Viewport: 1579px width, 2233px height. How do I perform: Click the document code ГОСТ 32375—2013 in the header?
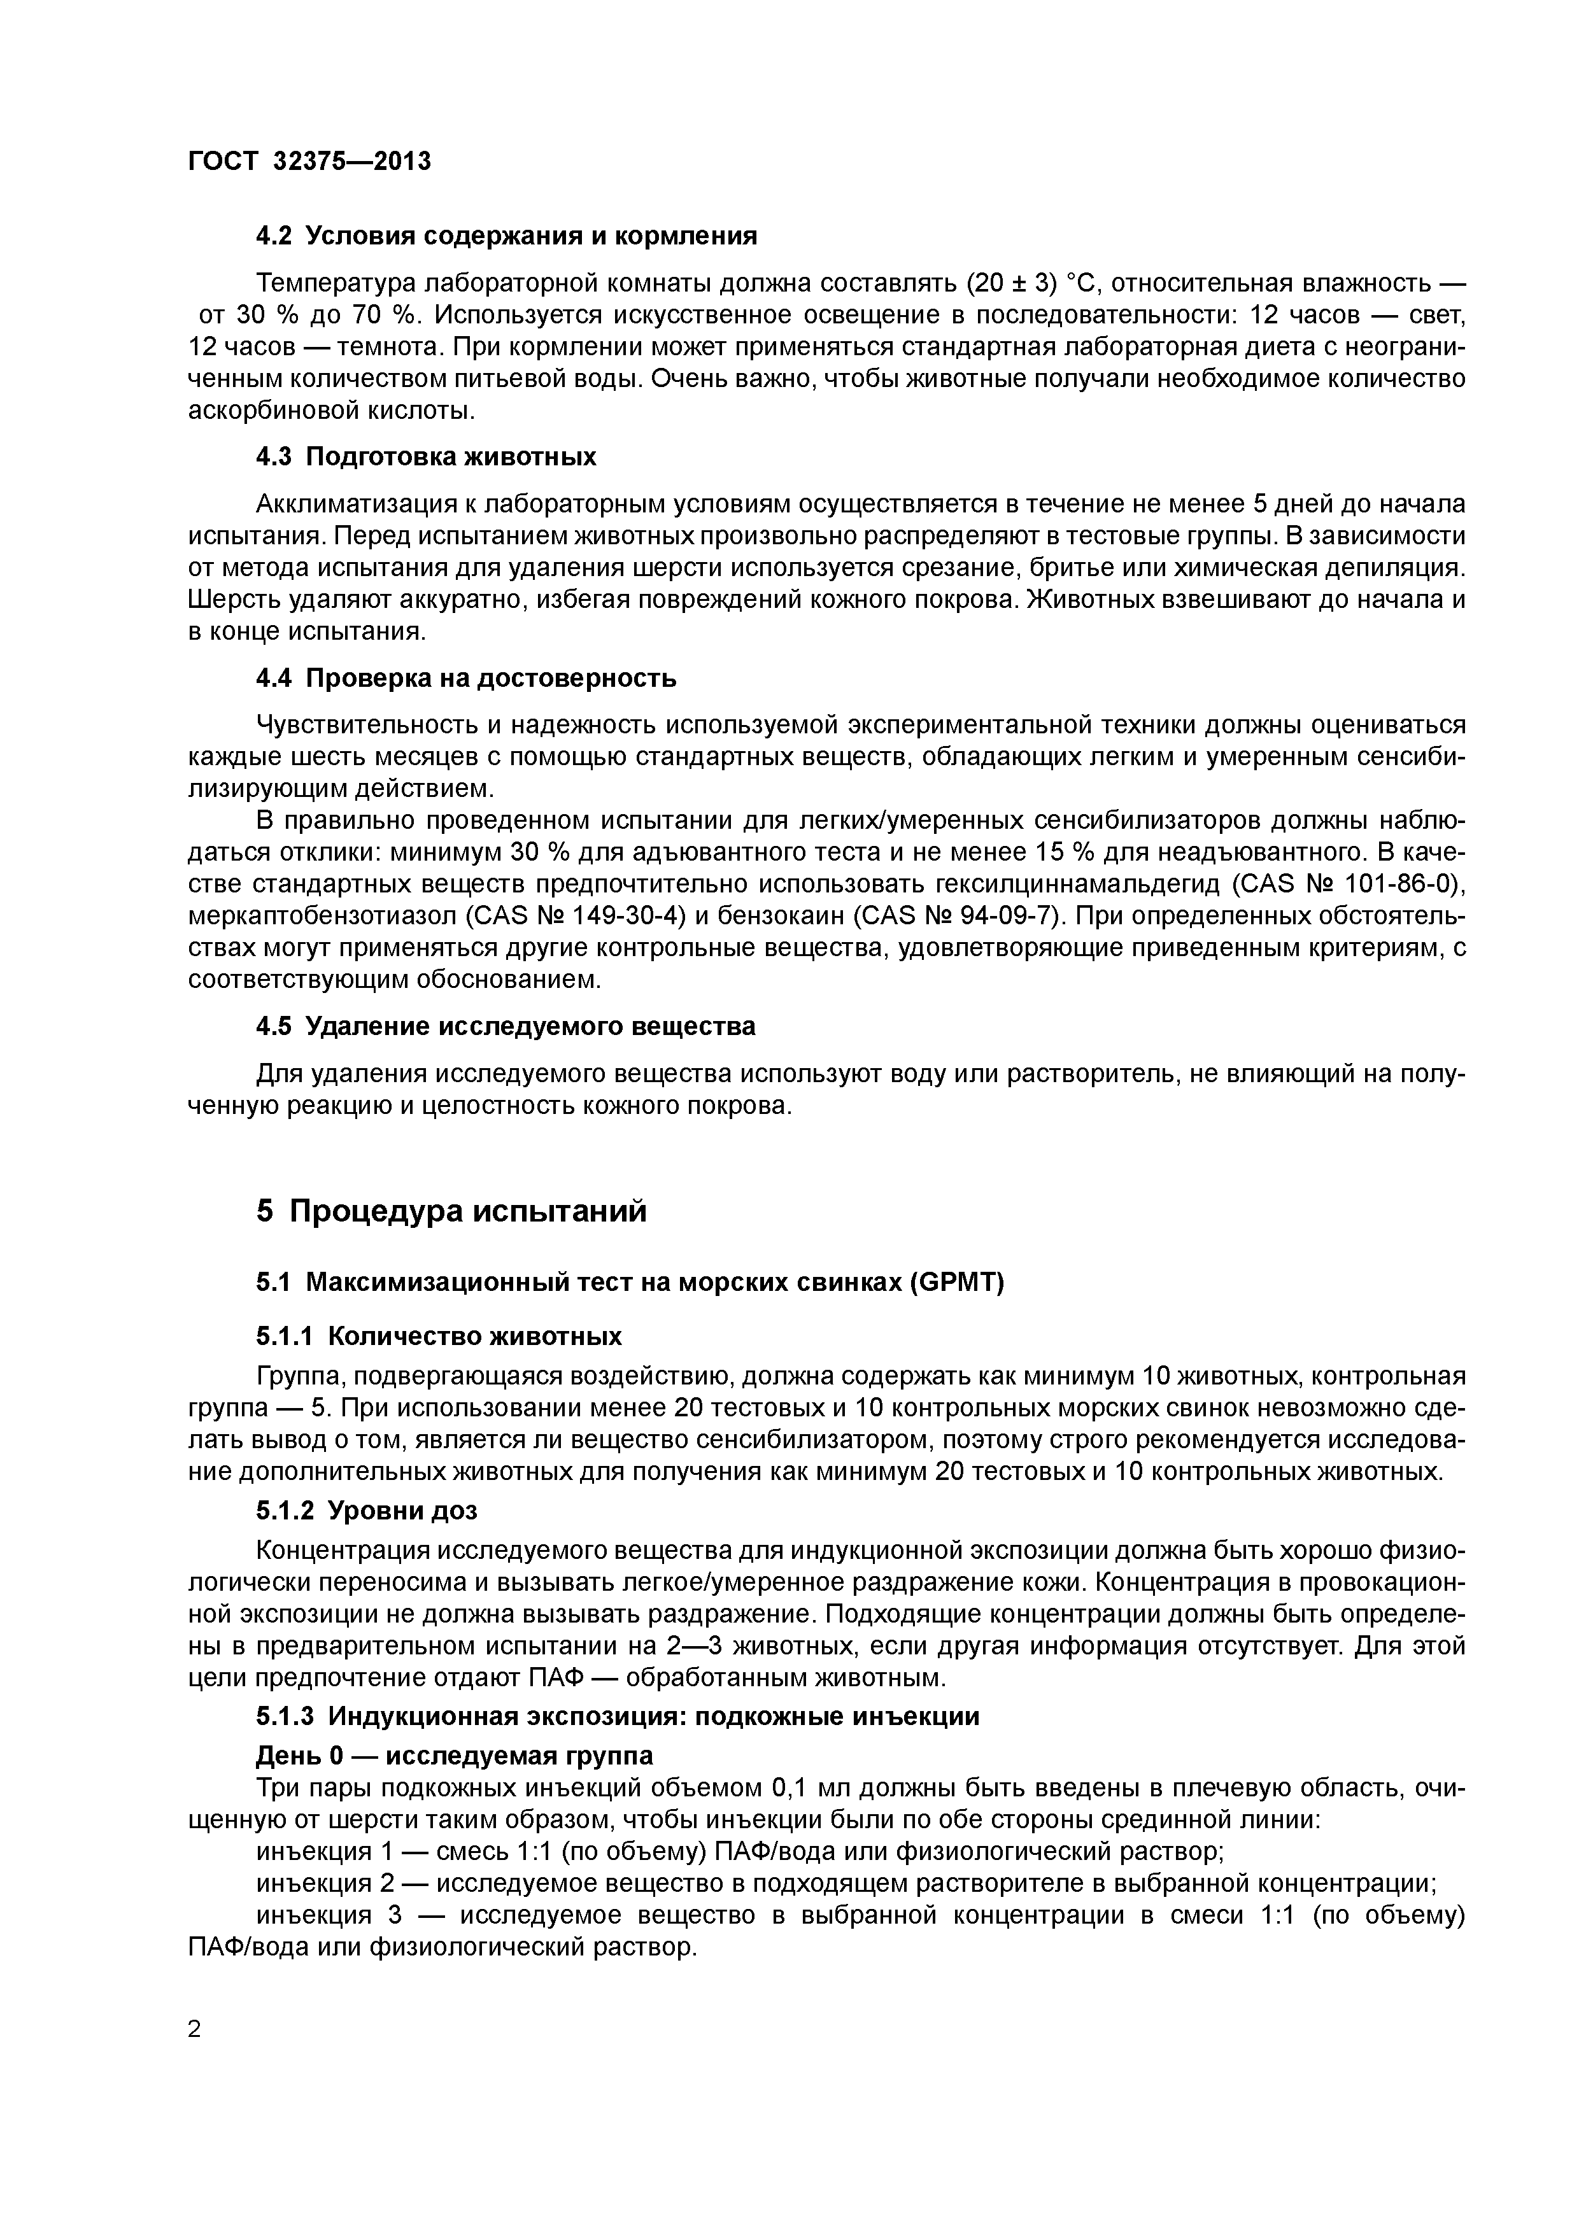coord(309,162)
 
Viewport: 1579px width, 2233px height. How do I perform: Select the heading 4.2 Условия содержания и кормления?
coord(506,236)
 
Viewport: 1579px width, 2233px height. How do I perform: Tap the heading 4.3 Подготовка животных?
coord(426,457)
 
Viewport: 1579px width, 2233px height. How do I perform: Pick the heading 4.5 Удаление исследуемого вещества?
coord(505,1027)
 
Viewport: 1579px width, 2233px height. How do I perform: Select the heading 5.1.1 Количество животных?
coord(439,1336)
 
